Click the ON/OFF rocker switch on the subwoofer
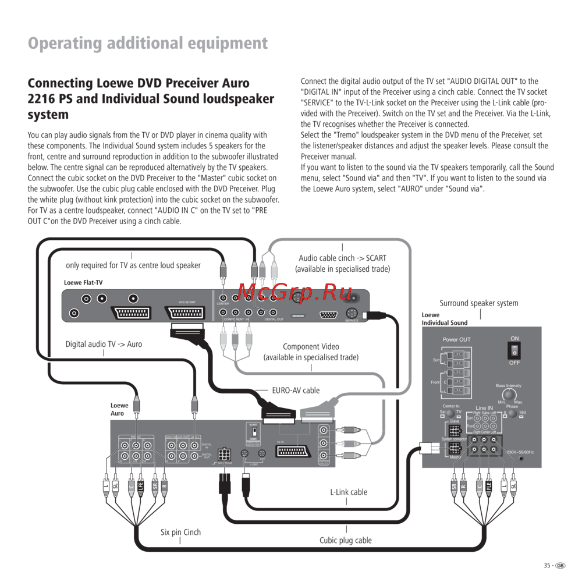pos(514,350)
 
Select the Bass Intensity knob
pos(509,395)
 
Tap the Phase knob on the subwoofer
pos(512,414)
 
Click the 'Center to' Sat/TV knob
pos(450,413)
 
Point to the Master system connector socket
pos(455,449)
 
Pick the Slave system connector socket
pos(455,430)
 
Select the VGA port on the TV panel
pos(328,315)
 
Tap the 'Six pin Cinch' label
pos(180,532)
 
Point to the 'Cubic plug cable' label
pos(345,540)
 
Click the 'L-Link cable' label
pos(349,492)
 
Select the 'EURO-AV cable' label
pos(296,390)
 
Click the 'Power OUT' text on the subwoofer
pos(456,339)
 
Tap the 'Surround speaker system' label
pos(478,303)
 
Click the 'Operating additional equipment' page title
pos(148,43)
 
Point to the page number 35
pos(547,565)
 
